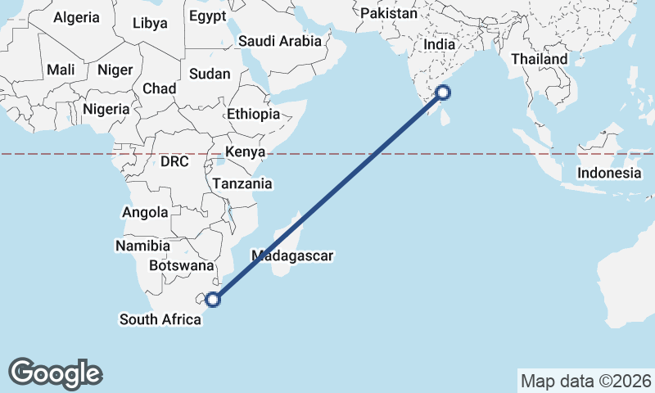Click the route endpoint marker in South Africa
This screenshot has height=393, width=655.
click(213, 300)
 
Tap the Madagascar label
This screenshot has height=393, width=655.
click(293, 255)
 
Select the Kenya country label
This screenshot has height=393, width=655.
click(245, 152)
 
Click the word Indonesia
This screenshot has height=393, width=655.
click(609, 173)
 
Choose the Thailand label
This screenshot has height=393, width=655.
click(539, 60)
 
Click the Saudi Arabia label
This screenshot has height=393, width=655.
click(280, 41)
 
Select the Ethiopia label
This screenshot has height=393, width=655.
click(253, 114)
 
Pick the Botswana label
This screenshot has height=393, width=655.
click(182, 266)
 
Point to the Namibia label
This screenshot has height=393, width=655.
click(142, 246)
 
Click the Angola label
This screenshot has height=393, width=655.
click(145, 212)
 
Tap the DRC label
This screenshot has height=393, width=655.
click(174, 162)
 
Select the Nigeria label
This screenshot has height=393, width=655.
click(106, 109)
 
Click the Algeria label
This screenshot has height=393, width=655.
click(76, 17)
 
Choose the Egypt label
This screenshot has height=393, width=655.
click(207, 16)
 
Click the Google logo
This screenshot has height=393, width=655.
click(56, 373)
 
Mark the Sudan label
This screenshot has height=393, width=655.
click(210, 74)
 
